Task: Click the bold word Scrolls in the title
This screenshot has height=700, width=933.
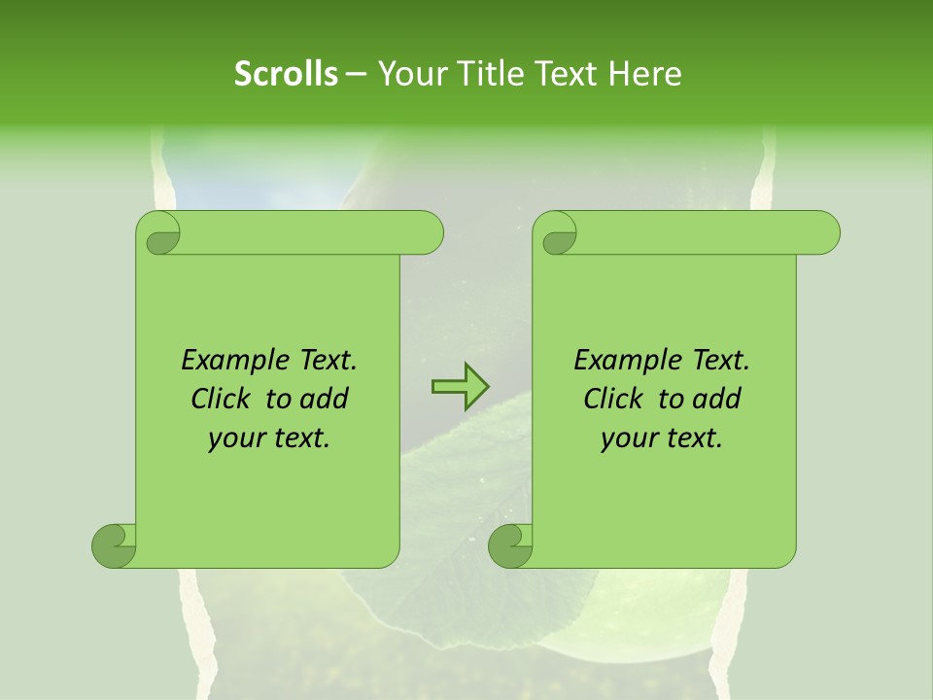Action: point(286,74)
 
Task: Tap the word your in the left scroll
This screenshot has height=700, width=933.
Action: point(233,438)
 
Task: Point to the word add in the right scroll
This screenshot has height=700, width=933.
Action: point(716,399)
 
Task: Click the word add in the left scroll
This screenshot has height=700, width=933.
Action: point(324,399)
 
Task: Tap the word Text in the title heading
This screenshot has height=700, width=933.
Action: point(563,74)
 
